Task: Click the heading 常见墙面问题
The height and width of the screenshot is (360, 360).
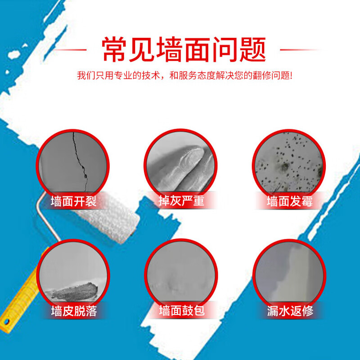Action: tap(184, 49)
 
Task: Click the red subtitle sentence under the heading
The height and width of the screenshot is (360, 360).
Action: tap(184, 75)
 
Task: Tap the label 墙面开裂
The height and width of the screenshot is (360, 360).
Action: tap(73, 200)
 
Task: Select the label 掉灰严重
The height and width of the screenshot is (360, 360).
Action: tap(181, 200)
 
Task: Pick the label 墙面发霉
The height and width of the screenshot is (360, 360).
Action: tap(289, 200)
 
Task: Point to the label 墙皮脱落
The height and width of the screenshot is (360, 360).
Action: tap(73, 310)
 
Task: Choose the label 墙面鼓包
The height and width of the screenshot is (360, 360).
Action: tap(181, 310)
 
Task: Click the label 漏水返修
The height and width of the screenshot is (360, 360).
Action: tap(289, 310)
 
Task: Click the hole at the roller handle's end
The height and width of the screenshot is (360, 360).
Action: tap(6, 321)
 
